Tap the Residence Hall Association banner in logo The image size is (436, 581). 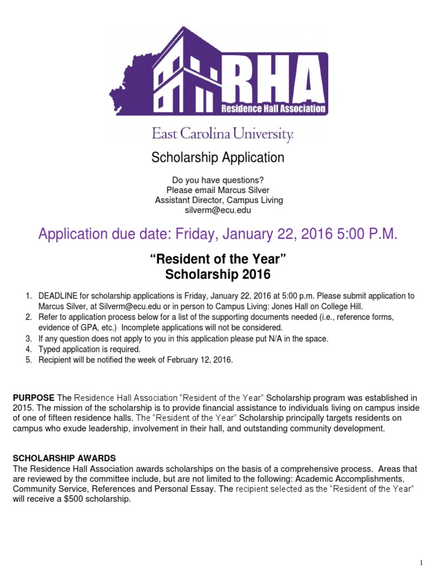pyautogui.click(x=272, y=108)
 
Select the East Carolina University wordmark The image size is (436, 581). pyautogui.click(x=223, y=134)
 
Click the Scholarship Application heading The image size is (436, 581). pyautogui.click(x=217, y=157)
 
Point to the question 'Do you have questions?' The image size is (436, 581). pyautogui.click(x=218, y=180)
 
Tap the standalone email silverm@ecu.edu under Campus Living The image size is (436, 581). pyautogui.click(x=218, y=210)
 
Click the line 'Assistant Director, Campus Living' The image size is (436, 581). pyautogui.click(x=219, y=200)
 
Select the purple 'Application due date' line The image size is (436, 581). pyautogui.click(x=217, y=234)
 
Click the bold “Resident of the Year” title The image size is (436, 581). pyautogui.click(x=218, y=260)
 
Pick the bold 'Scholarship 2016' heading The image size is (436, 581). pyautogui.click(x=218, y=275)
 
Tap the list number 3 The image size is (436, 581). pyautogui.click(x=28, y=339)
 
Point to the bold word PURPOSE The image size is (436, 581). pyautogui.click(x=33, y=397)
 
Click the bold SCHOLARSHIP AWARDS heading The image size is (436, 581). pyautogui.click(x=64, y=458)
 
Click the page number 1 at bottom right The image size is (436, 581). pyautogui.click(x=420, y=563)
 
